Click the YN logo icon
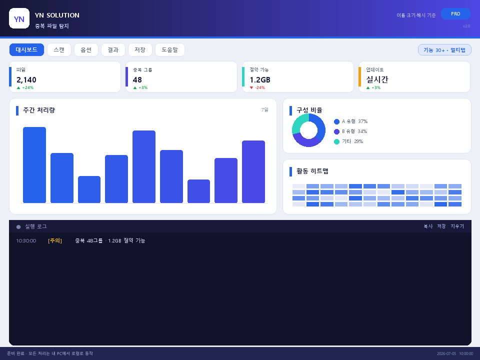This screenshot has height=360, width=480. [19, 18]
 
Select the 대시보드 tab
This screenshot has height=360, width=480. [26, 49]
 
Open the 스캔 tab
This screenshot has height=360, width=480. [59, 49]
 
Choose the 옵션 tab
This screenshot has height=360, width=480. [86, 49]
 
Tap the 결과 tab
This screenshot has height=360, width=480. [113, 49]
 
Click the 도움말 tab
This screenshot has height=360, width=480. [170, 49]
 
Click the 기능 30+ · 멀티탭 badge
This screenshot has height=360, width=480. [444, 50]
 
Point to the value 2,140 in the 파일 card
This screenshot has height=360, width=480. [26, 80]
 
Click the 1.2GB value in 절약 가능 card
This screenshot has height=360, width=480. [260, 80]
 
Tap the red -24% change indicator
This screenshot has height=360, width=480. [257, 87]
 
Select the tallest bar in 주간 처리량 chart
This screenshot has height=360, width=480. [34, 165]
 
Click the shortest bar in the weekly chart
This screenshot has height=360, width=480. [198, 191]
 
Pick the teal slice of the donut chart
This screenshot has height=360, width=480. [299, 122]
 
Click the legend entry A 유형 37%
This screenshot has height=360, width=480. [351, 121]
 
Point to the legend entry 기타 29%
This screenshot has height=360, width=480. [348, 141]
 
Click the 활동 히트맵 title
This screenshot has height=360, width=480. [312, 171]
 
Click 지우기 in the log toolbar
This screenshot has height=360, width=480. [457, 226]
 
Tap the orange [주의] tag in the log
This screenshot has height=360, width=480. [55, 240]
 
